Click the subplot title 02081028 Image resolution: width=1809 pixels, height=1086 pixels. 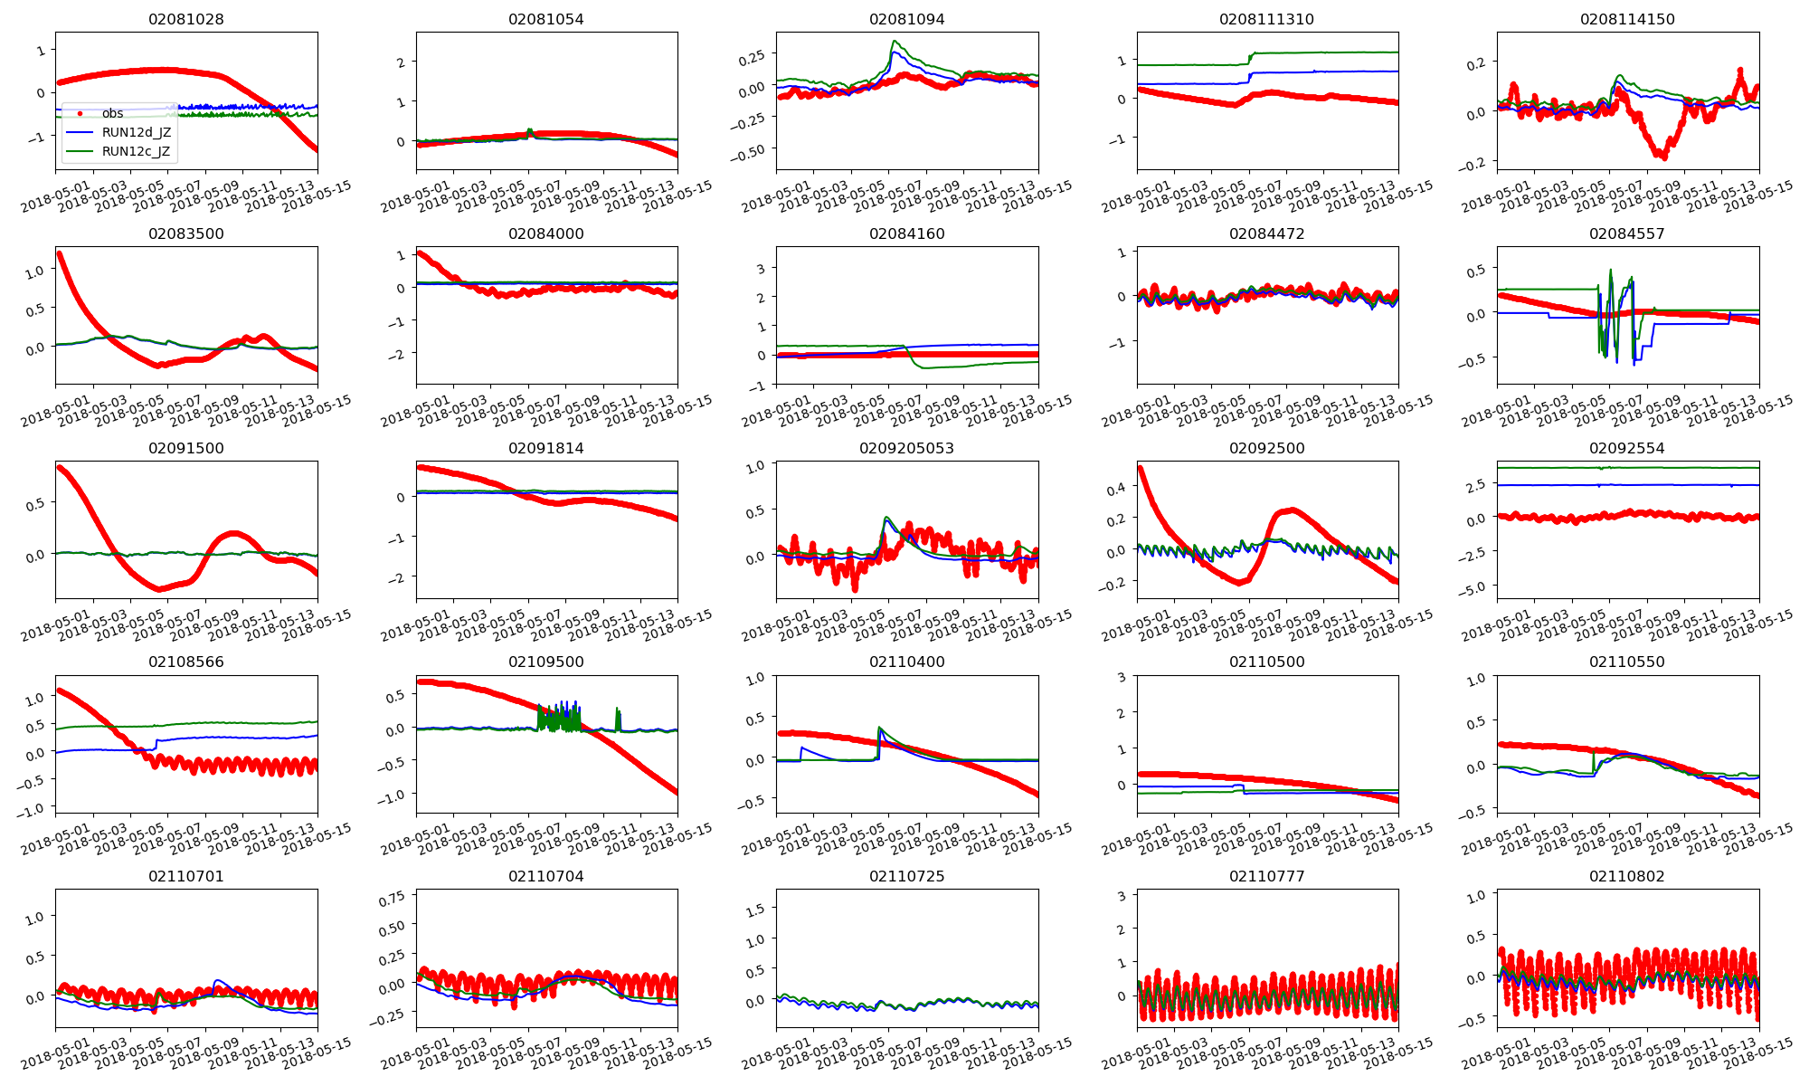(x=185, y=19)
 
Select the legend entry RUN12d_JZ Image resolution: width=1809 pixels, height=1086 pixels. (x=136, y=132)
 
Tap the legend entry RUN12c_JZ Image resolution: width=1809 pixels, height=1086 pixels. (x=136, y=151)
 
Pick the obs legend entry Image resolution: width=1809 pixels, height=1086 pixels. (x=112, y=113)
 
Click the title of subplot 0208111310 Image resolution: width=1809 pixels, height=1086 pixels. (x=1266, y=19)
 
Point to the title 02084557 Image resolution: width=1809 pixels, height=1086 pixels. (x=1626, y=233)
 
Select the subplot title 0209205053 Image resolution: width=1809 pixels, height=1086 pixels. (x=906, y=448)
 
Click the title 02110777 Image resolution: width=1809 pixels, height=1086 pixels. (x=1266, y=876)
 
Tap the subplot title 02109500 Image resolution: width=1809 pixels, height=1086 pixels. (x=546, y=662)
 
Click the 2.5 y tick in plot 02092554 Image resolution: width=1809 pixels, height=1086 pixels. (x=1476, y=486)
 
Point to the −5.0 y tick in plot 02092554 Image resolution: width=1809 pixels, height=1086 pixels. (x=1473, y=588)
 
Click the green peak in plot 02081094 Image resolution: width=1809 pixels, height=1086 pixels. (x=894, y=41)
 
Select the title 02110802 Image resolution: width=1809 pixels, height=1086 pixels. (x=1626, y=876)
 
